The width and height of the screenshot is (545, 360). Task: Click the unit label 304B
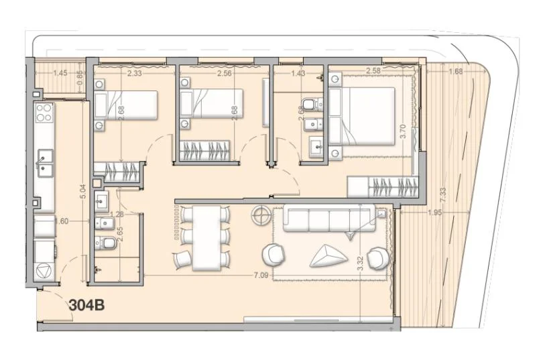tap(86, 306)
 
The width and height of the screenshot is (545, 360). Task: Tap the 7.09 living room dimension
tap(261, 276)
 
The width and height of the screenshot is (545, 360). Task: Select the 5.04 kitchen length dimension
tap(82, 191)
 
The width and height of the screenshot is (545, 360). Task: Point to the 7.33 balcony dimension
tap(443, 195)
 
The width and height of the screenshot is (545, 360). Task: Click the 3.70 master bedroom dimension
tap(403, 131)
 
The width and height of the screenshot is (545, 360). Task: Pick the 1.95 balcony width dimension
tap(435, 213)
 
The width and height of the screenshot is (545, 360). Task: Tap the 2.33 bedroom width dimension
tap(135, 73)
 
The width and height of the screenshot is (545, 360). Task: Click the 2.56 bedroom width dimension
tap(224, 73)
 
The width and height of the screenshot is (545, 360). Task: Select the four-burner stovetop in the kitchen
tap(44, 112)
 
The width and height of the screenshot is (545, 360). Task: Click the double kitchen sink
tap(45, 163)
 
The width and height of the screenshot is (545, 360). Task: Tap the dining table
tap(207, 238)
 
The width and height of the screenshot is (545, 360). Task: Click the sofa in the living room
tap(329, 219)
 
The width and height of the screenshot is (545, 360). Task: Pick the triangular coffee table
tap(328, 255)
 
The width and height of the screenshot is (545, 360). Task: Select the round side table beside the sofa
tap(261, 215)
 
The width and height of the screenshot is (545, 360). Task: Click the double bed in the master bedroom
tap(362, 117)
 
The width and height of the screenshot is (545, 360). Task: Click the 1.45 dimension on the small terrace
tap(60, 73)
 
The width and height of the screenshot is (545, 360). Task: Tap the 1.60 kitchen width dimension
tap(62, 221)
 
